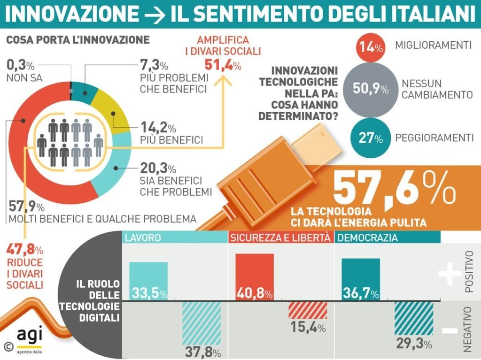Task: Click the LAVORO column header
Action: pos(143,237)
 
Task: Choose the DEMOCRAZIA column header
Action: pos(368,237)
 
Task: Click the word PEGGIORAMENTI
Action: pos(434,138)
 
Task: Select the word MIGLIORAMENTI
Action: pos(433,46)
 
